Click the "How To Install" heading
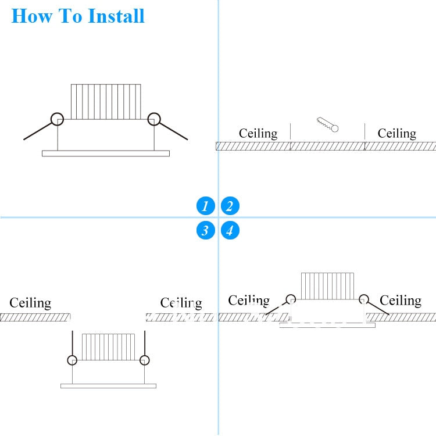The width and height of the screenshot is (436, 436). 78,16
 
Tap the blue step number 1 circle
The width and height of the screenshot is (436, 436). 205,206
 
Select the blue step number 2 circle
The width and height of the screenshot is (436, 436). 230,206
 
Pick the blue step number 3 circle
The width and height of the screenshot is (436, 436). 205,231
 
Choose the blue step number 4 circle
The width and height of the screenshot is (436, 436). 230,231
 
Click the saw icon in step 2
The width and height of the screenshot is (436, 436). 327,124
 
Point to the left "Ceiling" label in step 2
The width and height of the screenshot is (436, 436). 258,134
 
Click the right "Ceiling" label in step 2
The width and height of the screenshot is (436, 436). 396,134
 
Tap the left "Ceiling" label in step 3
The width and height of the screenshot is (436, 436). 30,303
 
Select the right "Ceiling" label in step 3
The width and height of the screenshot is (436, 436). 181,303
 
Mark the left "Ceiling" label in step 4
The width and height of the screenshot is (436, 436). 249,301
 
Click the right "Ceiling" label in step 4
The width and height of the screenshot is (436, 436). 400,301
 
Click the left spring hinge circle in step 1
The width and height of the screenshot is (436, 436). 57,119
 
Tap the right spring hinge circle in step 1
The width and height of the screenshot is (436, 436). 153,119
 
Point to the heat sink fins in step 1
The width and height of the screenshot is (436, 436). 106,102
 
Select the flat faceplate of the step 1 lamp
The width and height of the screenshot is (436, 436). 106,153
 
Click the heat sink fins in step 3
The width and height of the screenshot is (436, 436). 109,346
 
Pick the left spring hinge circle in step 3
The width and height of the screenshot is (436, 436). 72,360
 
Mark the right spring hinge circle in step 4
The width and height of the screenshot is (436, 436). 364,299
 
